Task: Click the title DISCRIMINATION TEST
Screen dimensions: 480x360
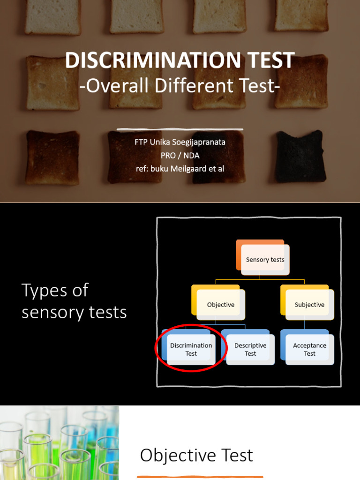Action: pos(180,61)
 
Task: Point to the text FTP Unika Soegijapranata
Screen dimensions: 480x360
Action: pos(180,142)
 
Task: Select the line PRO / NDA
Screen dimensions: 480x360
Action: pos(180,155)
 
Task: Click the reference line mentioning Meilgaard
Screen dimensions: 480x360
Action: pos(180,168)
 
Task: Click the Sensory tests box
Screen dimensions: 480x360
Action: pos(265,259)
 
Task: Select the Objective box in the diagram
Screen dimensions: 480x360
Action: pos(220,304)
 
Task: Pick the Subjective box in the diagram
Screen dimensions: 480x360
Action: pos(309,304)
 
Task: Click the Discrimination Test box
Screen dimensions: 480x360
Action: pos(191,349)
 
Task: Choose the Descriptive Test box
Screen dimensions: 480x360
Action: pos(250,349)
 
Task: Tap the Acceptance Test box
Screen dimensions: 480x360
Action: pos(309,349)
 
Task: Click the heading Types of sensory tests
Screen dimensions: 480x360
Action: pos(74,301)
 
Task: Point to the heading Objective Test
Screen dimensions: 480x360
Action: pos(196,455)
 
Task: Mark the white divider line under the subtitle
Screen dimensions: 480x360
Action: pos(180,128)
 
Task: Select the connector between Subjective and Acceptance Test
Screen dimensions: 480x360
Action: pos(304,324)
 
